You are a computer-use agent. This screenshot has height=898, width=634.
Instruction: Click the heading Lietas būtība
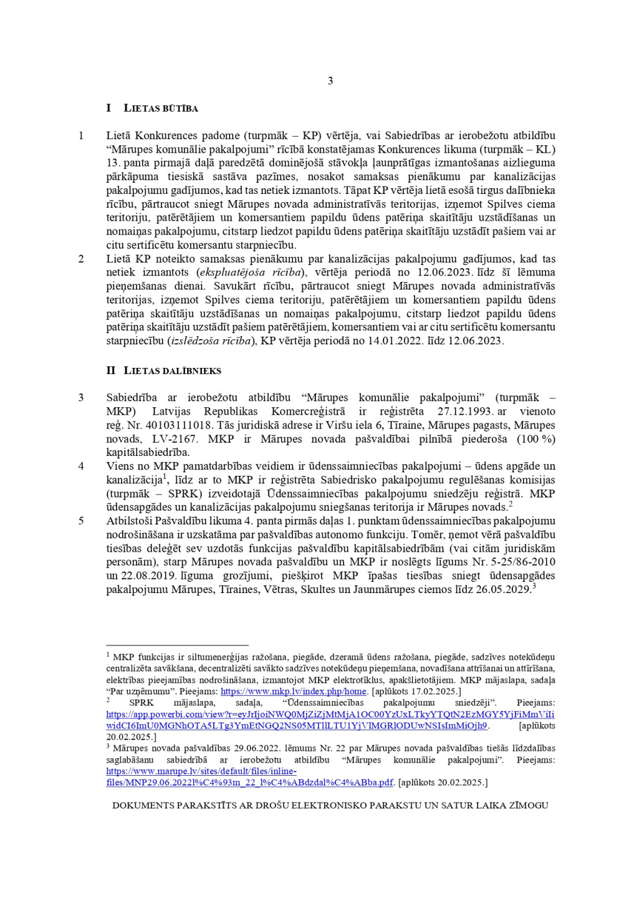pos(161,108)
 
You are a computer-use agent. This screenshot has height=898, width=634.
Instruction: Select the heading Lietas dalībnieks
pos(172,370)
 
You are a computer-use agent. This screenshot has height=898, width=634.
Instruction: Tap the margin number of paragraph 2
pos(81,259)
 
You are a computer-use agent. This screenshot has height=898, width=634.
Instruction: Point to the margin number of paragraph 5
pos(81,521)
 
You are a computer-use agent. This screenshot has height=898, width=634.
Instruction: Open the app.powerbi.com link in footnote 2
pos(330,715)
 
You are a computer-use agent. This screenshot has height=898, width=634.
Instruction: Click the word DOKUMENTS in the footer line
pos(143,806)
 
